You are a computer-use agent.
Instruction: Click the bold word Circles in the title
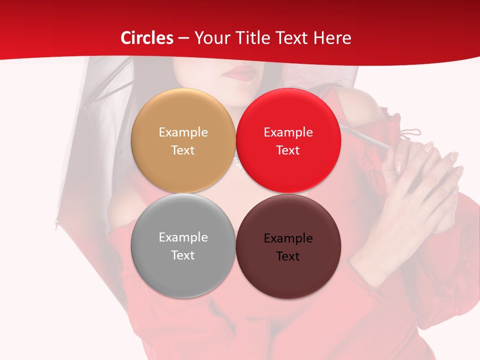[147, 38]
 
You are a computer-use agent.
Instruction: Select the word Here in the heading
[332, 38]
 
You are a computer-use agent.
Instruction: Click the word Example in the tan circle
[183, 132]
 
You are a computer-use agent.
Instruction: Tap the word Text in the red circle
[288, 150]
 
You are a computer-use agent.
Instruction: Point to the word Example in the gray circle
[183, 237]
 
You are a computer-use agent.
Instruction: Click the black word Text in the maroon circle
[288, 256]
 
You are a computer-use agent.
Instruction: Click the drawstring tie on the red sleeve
[411, 134]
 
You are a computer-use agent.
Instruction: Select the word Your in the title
[210, 38]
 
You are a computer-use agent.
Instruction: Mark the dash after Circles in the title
[183, 38]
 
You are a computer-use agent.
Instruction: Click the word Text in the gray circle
[183, 255]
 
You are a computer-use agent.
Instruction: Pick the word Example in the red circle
[288, 132]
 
